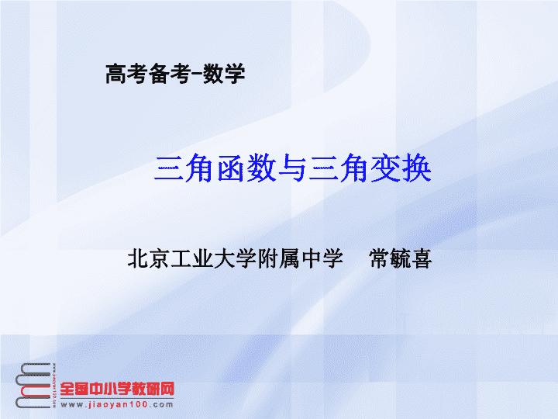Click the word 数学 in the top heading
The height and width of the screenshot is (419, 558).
click(224, 74)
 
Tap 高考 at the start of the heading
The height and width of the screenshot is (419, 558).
click(126, 74)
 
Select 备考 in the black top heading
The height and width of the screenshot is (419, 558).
click(169, 74)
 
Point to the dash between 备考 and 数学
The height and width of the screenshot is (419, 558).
click(197, 74)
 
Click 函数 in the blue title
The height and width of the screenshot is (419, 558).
click(246, 168)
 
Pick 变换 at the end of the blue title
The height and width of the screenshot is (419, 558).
click(401, 168)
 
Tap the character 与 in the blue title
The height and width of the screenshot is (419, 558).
click(292, 168)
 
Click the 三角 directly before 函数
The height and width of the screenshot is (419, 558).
click(184, 168)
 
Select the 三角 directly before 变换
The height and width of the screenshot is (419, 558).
click(339, 168)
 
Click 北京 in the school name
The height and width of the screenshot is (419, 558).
click(149, 258)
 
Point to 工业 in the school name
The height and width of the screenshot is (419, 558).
click(192, 258)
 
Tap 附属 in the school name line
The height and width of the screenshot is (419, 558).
click(279, 258)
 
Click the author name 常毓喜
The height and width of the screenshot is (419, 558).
click(401, 258)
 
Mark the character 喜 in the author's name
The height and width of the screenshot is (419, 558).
click(422, 258)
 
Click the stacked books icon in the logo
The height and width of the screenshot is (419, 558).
click(35, 386)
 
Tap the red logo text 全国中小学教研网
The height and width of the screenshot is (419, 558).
click(117, 389)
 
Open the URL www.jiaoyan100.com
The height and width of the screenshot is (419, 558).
click(117, 405)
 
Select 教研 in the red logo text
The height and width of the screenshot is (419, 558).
click(146, 389)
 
